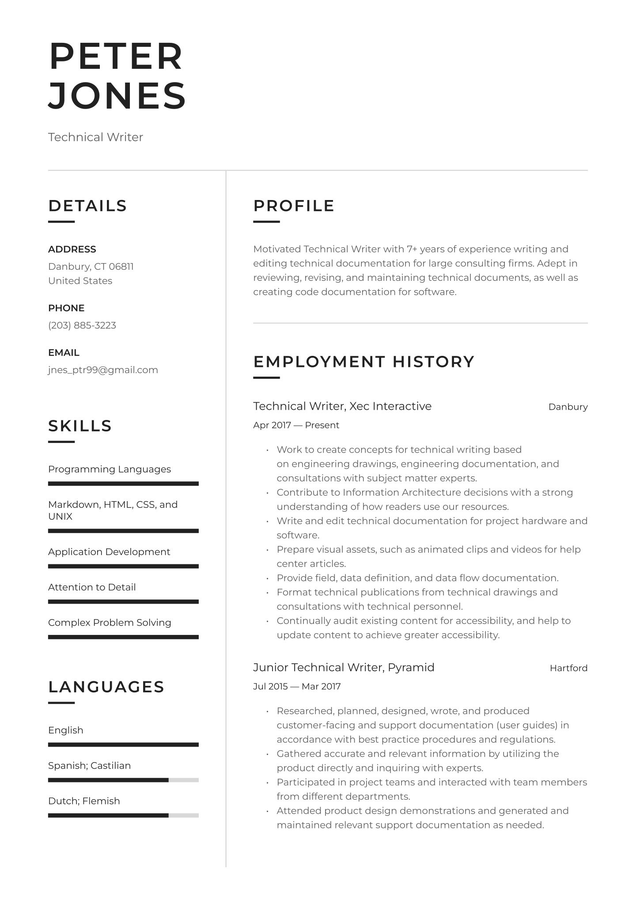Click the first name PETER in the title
[x=116, y=57]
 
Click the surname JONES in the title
[x=117, y=95]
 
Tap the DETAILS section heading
[x=87, y=206]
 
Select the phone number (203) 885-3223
[x=82, y=325]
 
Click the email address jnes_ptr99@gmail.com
[x=103, y=370]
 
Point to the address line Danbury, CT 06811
[x=91, y=267]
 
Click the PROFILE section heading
[x=294, y=206]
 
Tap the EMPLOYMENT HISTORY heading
[x=363, y=362]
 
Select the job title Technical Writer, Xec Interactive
[x=342, y=406]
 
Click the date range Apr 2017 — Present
[x=296, y=425]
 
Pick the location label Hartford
[x=568, y=668]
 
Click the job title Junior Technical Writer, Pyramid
[x=344, y=667]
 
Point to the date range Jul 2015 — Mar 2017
[x=297, y=687]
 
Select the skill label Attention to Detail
[x=92, y=587]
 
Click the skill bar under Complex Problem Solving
[x=123, y=637]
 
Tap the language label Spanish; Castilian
[x=89, y=766]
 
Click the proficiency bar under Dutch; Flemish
[x=123, y=816]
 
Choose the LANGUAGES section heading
[x=106, y=687]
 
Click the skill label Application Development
[x=109, y=552]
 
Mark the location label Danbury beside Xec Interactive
[x=568, y=407]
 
